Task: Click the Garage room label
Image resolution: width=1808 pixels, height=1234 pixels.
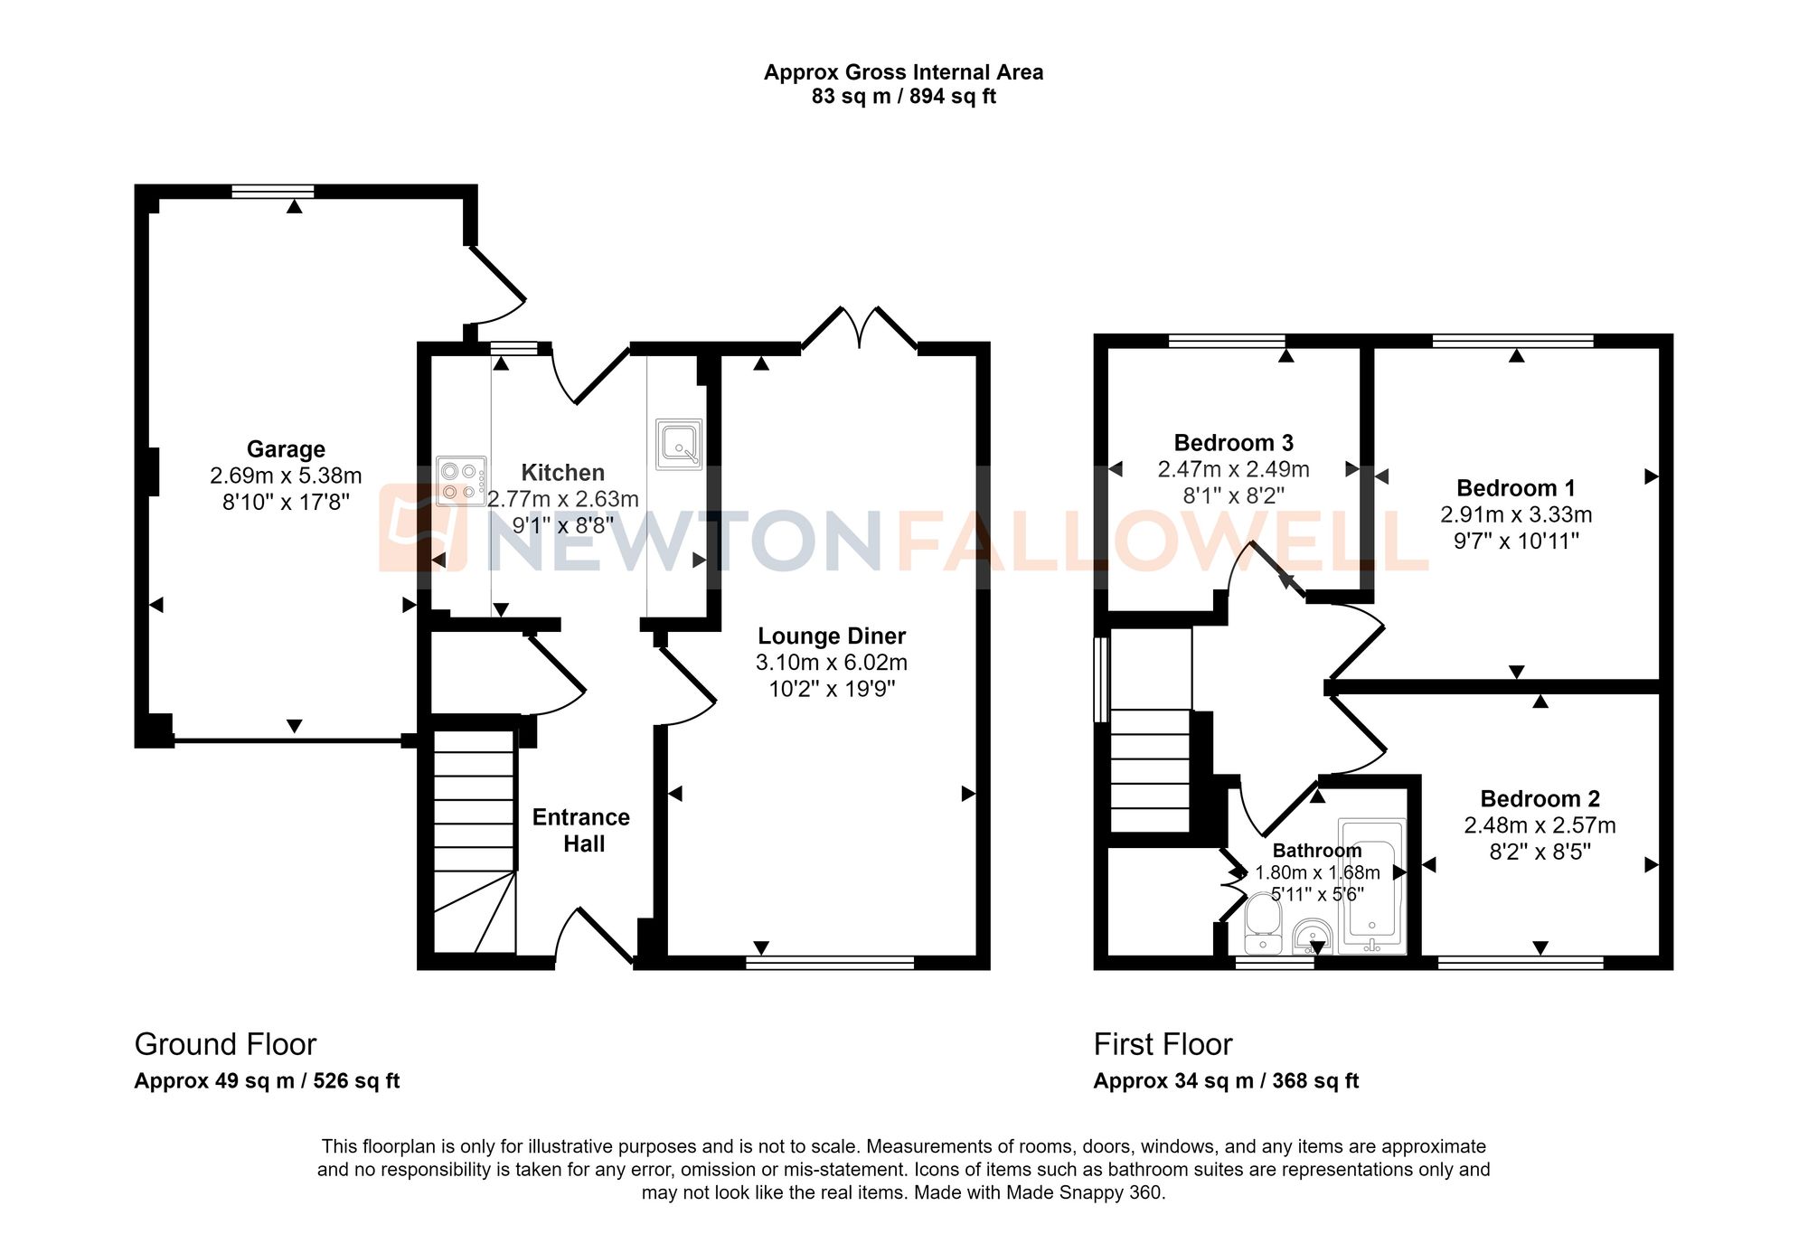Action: pos(286,449)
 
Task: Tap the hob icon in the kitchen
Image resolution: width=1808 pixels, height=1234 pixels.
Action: pos(460,481)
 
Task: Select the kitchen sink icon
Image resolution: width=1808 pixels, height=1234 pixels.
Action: pos(679,444)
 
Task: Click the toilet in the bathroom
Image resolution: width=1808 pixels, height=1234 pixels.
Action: pos(1262,924)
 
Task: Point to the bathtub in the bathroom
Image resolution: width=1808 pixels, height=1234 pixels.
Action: pos(1371,887)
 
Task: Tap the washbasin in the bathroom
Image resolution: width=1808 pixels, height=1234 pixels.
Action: pos(1312,937)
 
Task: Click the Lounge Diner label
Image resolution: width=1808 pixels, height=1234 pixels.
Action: pos(831,636)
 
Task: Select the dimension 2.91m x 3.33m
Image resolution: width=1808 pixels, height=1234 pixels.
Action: pos(1516,514)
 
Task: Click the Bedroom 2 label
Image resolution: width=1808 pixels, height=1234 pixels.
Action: pos(1540,799)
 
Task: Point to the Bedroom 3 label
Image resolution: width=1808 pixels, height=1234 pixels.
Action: pos(1233,443)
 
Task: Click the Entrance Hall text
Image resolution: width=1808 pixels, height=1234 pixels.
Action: pos(581,830)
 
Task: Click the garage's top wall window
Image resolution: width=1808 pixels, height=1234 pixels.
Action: pos(272,191)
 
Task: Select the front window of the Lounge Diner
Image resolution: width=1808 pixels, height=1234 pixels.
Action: pos(830,963)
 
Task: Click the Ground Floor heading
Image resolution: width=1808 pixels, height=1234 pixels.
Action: pos(225,1044)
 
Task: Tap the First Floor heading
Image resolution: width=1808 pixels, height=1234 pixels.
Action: pos(1163,1044)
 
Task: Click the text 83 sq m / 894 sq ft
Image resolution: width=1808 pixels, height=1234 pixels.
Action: pos(903,97)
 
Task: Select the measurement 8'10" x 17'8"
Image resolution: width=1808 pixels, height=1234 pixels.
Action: pos(286,502)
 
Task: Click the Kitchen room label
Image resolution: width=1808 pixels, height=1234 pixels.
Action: pos(562,473)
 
